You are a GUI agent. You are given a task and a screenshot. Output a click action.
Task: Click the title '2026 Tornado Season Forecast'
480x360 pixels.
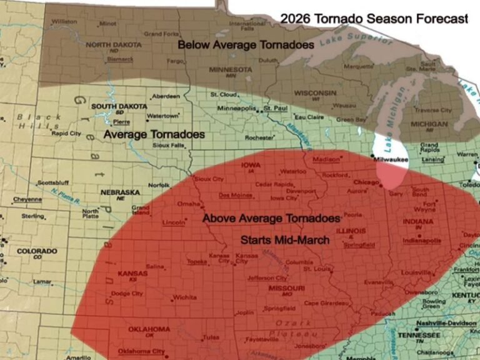[x=374, y=19]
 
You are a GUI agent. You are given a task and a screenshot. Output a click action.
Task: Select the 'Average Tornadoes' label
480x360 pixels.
[x=154, y=134]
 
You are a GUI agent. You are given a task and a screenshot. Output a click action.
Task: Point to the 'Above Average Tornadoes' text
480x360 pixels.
[x=272, y=219]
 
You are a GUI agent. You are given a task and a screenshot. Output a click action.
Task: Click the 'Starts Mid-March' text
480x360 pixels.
[x=285, y=240]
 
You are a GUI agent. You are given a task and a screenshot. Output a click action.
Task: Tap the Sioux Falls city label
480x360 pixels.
[x=169, y=145]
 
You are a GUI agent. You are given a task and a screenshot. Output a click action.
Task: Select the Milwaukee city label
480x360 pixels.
[x=391, y=160]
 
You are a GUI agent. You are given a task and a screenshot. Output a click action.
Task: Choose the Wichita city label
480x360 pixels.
[x=185, y=297]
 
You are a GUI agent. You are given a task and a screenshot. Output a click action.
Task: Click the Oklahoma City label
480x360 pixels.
[x=141, y=351]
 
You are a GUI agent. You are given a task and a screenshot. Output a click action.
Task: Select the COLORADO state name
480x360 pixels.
[x=37, y=251]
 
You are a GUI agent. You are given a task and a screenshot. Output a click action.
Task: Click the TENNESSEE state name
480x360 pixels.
[x=438, y=334]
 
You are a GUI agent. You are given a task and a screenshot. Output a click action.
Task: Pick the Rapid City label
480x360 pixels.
[x=66, y=133]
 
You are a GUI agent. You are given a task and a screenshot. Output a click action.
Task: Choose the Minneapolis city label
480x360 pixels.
[x=236, y=108]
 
